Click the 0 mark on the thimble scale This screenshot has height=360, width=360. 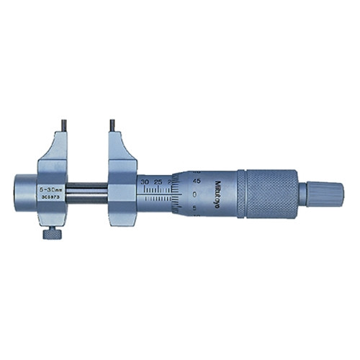point(196,194)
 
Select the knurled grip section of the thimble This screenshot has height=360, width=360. point(270,193)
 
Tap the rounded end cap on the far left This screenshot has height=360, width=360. point(23,191)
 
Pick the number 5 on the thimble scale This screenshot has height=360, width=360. point(196,206)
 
